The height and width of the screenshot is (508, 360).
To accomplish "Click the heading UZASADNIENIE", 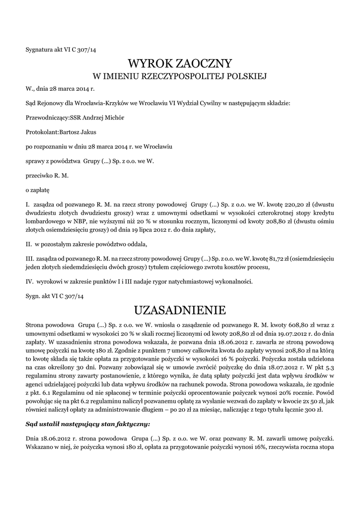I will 180,311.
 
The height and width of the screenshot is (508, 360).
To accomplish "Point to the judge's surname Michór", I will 114,118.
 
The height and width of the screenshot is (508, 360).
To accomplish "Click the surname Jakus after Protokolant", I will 100,132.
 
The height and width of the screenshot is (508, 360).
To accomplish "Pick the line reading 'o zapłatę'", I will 37,189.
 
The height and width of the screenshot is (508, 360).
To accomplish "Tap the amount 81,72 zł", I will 280,259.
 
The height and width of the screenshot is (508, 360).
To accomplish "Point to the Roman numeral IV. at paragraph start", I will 29,282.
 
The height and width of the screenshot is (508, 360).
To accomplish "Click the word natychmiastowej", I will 194,282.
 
